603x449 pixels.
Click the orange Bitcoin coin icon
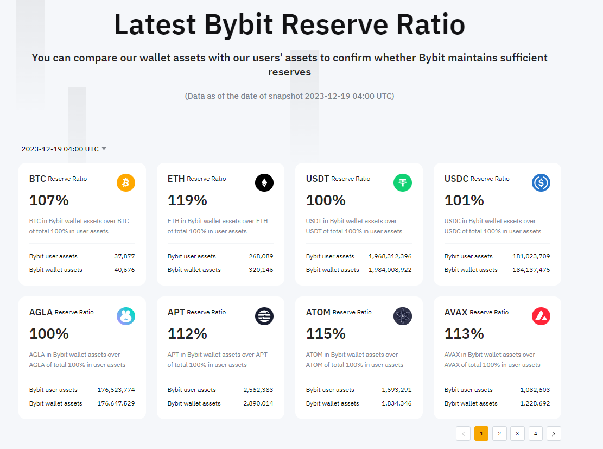[x=126, y=182]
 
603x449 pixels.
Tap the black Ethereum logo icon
[x=264, y=182]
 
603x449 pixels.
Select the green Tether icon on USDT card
[x=403, y=182]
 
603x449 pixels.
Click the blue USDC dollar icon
[x=541, y=182]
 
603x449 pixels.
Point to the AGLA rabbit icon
[x=126, y=316]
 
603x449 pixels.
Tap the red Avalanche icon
[x=541, y=316]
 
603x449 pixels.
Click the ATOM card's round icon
[x=403, y=316]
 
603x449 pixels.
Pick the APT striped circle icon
[x=264, y=316]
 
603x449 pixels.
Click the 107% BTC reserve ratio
[x=49, y=200]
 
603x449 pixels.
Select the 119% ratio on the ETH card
[x=187, y=200]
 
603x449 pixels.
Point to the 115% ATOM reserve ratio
[x=326, y=334]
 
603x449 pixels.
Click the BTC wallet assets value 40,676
[x=125, y=270]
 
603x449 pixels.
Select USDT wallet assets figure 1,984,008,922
[x=390, y=270]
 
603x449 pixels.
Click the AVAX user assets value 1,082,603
[x=535, y=390]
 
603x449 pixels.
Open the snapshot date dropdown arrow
[x=104, y=149]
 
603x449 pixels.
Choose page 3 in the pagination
[x=517, y=433]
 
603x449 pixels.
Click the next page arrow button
[x=554, y=433]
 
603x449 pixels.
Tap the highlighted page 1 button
[x=481, y=433]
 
